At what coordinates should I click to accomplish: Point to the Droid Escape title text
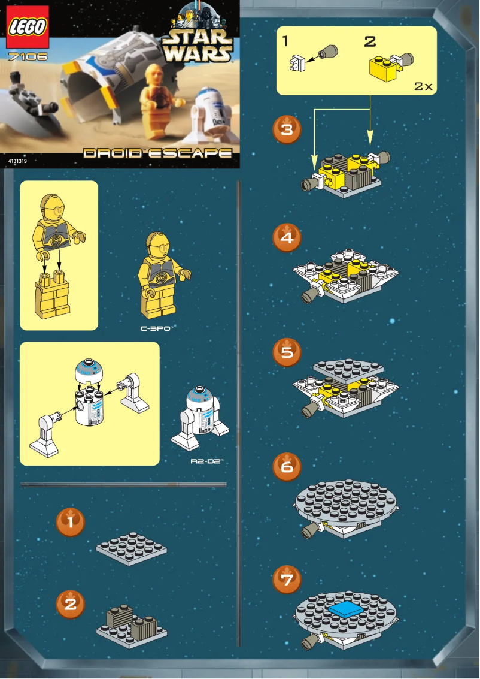(x=157, y=153)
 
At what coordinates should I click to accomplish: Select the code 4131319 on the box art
(x=18, y=161)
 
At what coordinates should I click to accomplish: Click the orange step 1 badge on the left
(x=71, y=523)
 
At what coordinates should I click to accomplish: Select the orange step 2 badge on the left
(x=71, y=604)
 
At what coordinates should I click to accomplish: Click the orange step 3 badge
(x=287, y=129)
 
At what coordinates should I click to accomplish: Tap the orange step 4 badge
(x=287, y=237)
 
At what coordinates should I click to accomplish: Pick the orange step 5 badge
(x=287, y=352)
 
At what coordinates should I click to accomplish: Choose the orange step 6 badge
(x=287, y=466)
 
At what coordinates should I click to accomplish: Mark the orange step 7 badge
(x=287, y=580)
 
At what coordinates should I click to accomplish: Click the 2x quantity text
(x=423, y=86)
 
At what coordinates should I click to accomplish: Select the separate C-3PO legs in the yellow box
(x=53, y=295)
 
